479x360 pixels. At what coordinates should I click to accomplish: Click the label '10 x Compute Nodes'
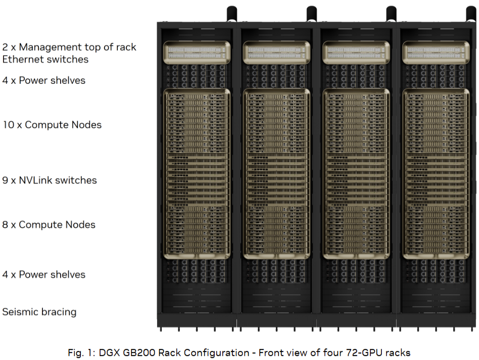[x=52, y=125]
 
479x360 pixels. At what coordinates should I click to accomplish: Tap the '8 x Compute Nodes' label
[x=49, y=225]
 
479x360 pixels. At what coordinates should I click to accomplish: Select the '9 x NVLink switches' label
[x=50, y=180]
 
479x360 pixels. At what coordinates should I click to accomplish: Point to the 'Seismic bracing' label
[x=39, y=312]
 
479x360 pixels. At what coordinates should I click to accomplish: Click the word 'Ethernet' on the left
[x=21, y=59]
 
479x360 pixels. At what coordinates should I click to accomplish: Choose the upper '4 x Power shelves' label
[x=43, y=80]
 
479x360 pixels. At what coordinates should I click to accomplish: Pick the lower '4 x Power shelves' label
[x=43, y=275]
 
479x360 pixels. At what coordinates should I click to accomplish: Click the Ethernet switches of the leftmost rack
[x=197, y=53]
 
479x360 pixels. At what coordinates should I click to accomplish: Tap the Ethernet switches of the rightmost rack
[x=436, y=53]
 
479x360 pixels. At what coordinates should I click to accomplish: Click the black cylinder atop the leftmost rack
[x=232, y=14]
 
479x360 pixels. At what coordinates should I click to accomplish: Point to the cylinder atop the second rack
[x=312, y=14]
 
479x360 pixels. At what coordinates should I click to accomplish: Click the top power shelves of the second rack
[x=276, y=76]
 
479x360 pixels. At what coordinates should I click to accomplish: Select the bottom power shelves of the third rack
[x=356, y=271]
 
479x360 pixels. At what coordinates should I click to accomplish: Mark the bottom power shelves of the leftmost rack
[x=197, y=271]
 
